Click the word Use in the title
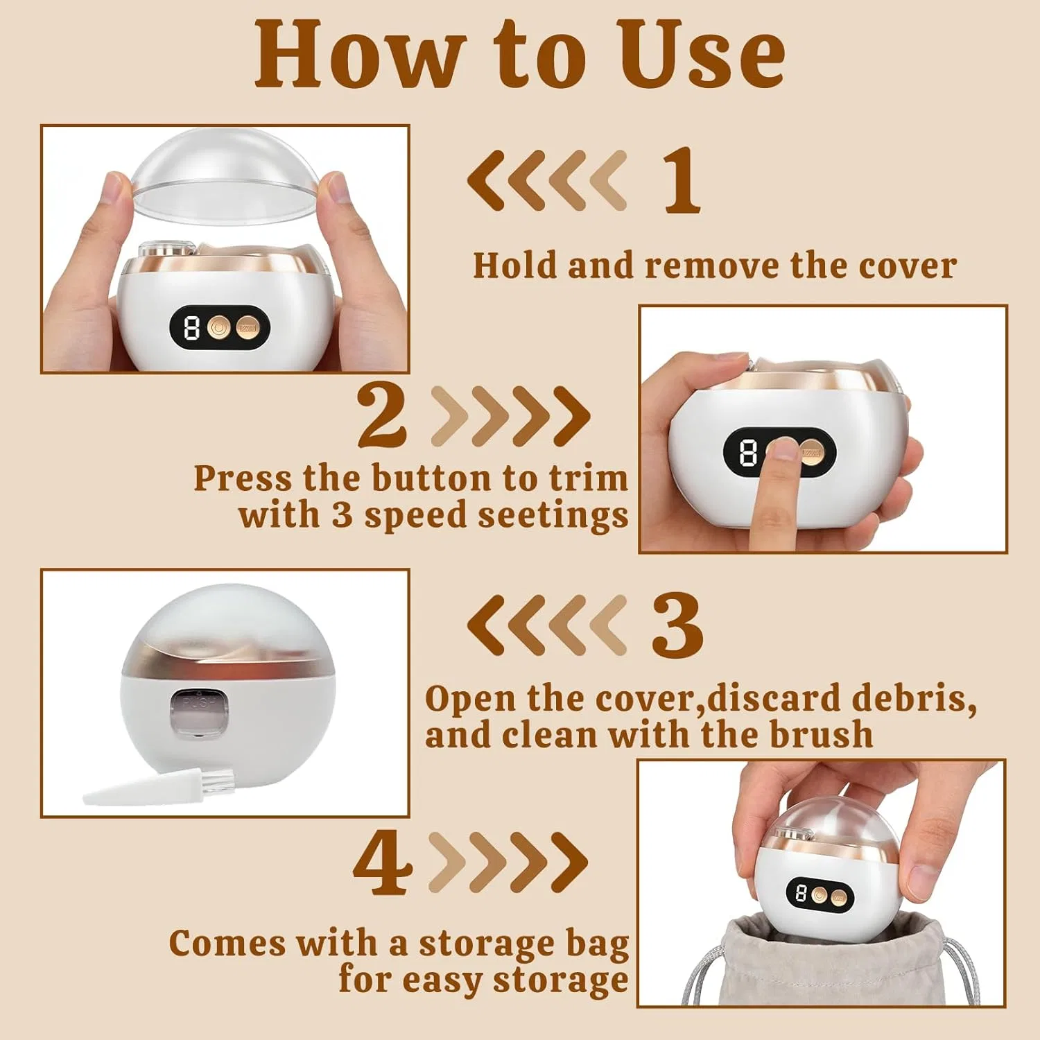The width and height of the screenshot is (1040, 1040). [702, 54]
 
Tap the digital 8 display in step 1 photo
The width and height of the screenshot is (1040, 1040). [191, 327]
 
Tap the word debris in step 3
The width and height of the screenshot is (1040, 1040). [914, 698]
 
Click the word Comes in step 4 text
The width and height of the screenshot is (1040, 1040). [227, 944]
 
